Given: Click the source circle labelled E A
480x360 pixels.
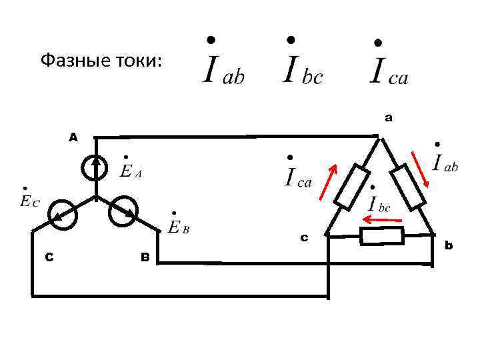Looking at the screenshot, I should pos(97,168).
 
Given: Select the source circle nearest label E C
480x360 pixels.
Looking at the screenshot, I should pos(64,215).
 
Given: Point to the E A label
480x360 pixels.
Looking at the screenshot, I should pos(129,170).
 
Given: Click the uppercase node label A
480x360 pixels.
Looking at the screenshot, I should pos(73,137).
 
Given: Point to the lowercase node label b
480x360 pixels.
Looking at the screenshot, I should pos(449,246).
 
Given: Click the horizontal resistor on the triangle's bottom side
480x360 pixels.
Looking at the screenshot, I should pos(382,235).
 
